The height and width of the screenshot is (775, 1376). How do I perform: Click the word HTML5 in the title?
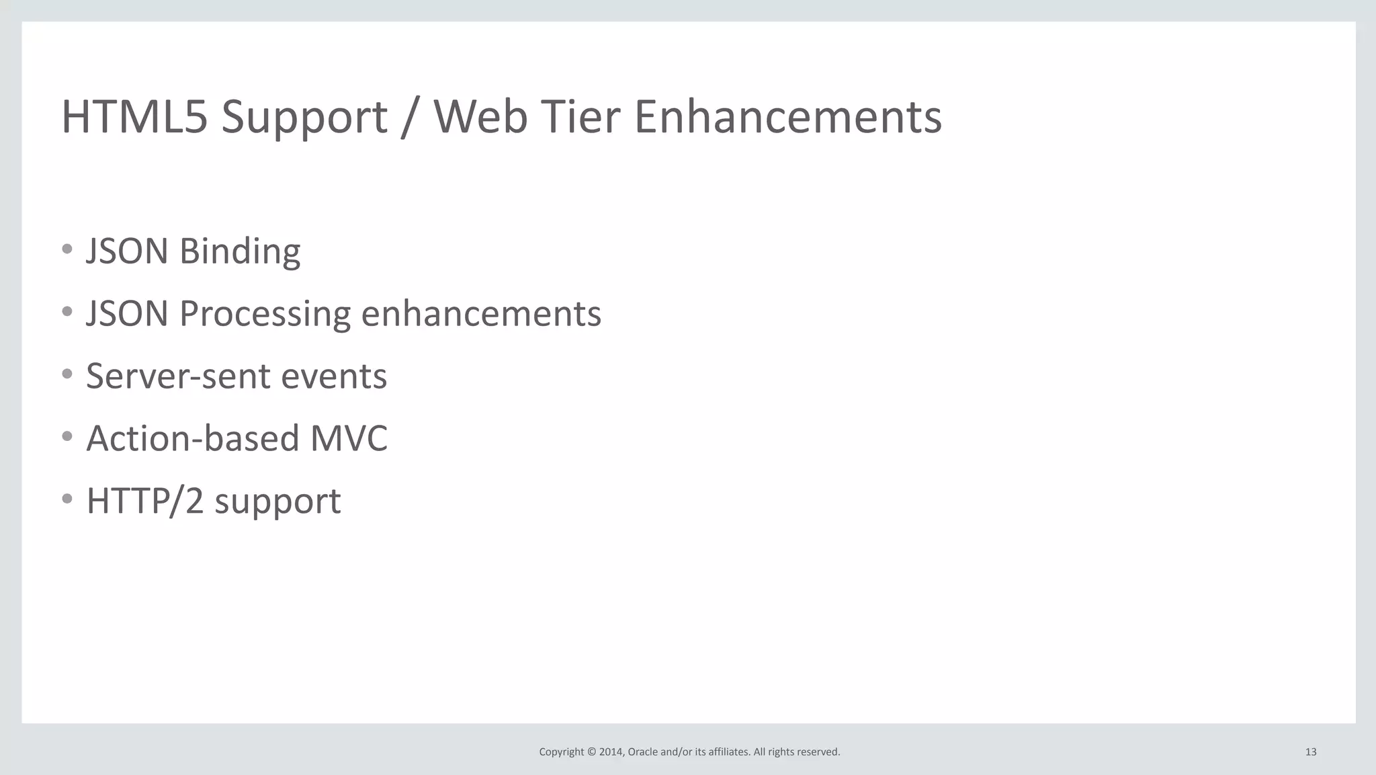[x=134, y=117]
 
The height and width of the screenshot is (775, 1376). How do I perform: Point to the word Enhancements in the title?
[x=787, y=117]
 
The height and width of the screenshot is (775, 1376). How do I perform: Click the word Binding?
[x=240, y=252]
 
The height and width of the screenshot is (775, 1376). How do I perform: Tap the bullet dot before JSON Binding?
[x=67, y=249]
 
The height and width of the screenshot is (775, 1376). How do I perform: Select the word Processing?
[x=265, y=315]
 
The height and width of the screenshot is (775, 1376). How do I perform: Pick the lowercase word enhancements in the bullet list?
[x=481, y=314]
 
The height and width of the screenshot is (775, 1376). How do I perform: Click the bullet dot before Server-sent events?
[x=67, y=374]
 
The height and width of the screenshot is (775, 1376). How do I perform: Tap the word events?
[x=334, y=376]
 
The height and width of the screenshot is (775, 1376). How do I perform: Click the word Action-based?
[x=193, y=438]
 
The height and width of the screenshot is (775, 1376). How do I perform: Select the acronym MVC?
[x=349, y=438]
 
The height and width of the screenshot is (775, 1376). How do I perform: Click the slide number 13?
[x=1310, y=752]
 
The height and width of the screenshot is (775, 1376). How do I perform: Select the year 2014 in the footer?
[x=611, y=752]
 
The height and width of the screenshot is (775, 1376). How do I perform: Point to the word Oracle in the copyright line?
[x=643, y=752]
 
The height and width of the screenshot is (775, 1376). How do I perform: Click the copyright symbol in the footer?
[x=591, y=752]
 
